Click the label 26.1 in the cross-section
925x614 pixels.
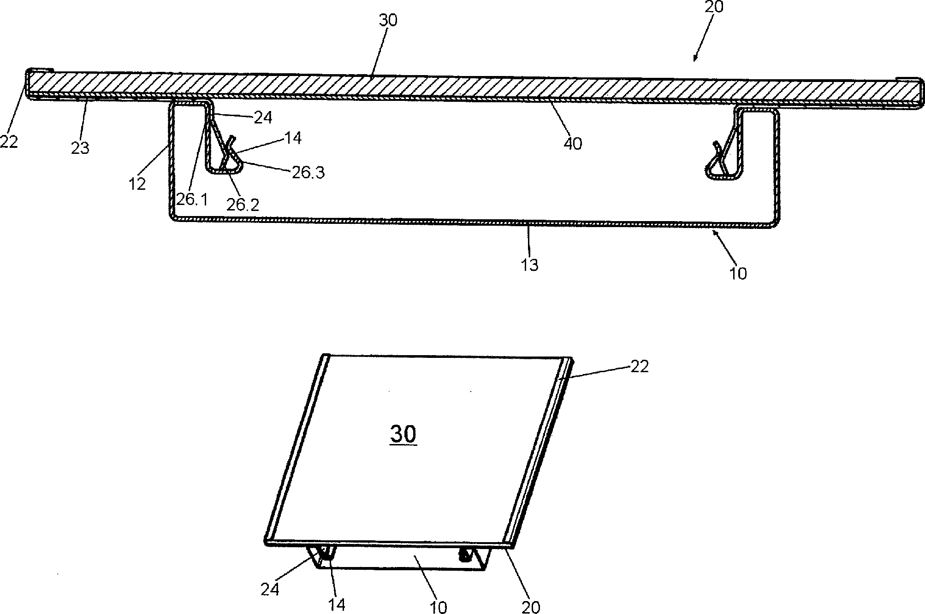coord(192,200)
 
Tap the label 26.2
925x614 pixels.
coord(243,204)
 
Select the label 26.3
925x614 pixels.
coord(308,173)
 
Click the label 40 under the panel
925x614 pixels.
coord(573,143)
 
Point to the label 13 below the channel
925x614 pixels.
coord(530,265)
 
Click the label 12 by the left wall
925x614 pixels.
coord(137,183)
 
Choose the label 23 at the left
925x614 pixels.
coord(80,148)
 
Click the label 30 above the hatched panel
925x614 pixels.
coord(387,20)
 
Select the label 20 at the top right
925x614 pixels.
coord(713,7)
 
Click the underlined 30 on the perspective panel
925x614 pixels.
coord(403,434)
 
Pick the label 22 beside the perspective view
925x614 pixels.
coord(639,367)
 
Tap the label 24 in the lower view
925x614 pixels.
coord(270,589)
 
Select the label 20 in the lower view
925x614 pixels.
coord(531,607)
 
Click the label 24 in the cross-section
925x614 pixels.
coord(263,118)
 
